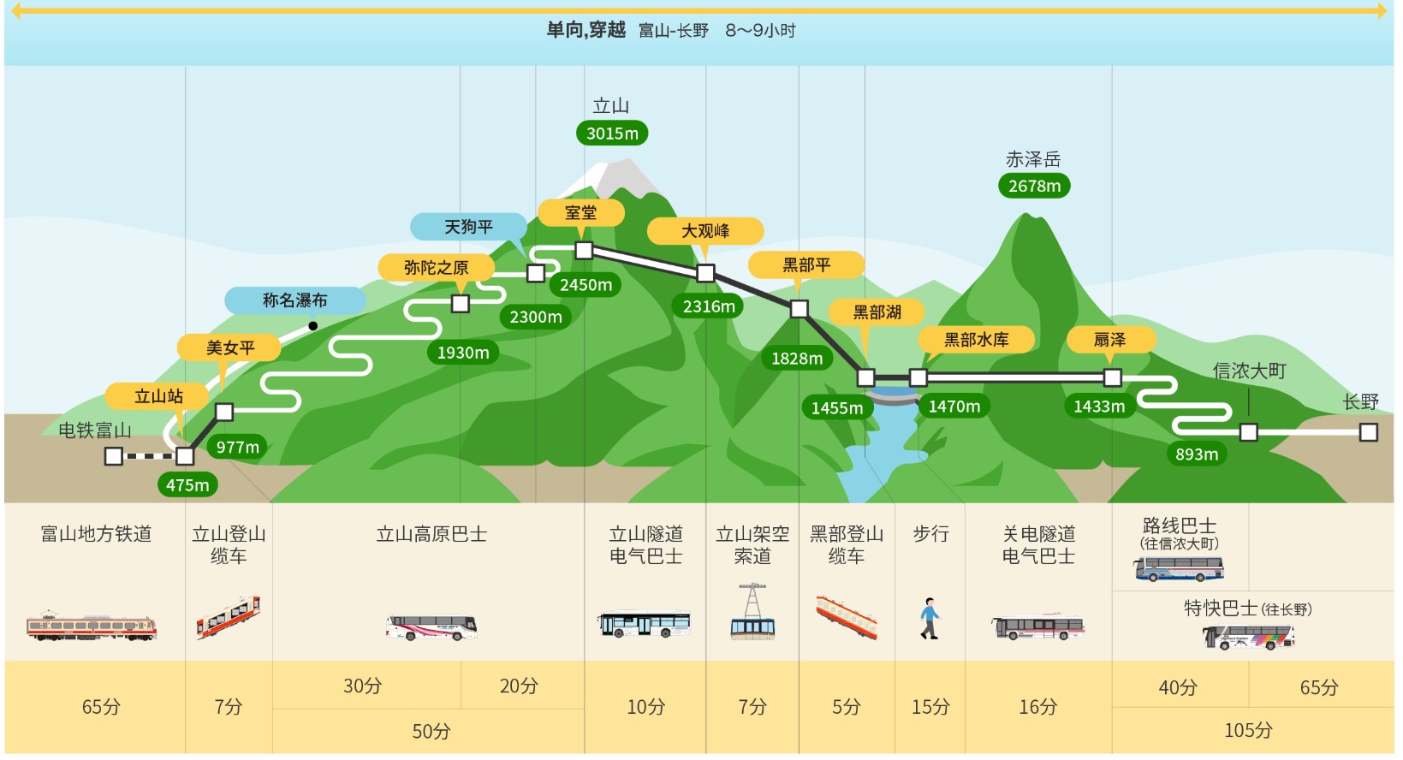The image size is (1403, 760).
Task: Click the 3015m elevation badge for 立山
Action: [x=612, y=134]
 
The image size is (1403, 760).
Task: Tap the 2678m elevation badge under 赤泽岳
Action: [x=1034, y=186]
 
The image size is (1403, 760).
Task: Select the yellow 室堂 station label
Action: [x=581, y=213]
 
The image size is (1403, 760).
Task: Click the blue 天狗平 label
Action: [x=468, y=227]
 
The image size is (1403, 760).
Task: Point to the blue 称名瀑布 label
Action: [x=295, y=300]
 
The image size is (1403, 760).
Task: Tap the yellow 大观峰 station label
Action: [x=705, y=231]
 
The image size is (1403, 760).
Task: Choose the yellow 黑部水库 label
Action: [x=976, y=340]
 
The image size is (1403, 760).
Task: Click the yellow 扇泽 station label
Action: [x=1110, y=340]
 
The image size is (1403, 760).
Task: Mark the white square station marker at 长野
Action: [x=1369, y=432]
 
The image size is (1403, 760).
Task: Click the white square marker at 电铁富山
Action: [x=113, y=456]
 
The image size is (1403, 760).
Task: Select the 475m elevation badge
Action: [x=188, y=485]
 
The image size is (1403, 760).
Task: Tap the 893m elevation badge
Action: [x=1197, y=454]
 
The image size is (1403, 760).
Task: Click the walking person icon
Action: [x=930, y=619]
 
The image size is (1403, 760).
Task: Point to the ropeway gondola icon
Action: [x=752, y=612]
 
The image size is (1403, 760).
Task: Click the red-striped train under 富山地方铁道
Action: [x=92, y=626]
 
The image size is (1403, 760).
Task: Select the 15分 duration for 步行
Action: [x=930, y=708]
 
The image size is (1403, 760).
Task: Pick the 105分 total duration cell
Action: [x=1248, y=731]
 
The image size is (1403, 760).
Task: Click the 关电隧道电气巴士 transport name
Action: [x=1038, y=545]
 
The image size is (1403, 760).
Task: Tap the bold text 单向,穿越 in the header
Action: [x=586, y=30]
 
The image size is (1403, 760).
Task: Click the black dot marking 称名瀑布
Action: [x=313, y=326]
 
